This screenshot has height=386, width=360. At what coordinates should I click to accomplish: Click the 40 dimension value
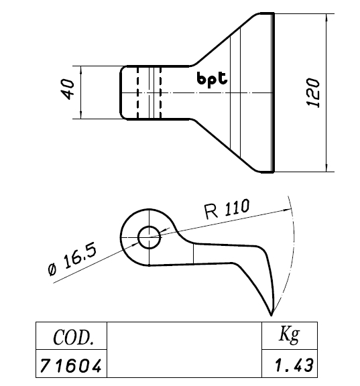point(68,89)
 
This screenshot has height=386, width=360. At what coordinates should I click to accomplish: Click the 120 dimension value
point(313,92)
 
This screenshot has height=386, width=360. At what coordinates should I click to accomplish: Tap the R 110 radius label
point(227,209)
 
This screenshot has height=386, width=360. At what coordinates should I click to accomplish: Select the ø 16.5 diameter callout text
point(72,258)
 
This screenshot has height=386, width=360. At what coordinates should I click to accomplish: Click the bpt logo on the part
point(212,79)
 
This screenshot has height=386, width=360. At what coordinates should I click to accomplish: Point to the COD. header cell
point(72,336)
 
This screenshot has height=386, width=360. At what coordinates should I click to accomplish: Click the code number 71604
point(71,365)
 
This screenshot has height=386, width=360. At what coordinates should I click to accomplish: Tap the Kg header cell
point(290,336)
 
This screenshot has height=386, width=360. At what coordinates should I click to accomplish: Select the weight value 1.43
point(294,365)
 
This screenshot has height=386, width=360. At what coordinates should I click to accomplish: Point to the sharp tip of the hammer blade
point(271,315)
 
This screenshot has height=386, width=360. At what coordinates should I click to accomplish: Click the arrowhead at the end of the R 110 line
point(288,210)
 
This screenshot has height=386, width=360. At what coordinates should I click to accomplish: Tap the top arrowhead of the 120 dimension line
point(326,17)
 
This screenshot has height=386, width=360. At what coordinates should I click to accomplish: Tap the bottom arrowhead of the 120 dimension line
point(326,168)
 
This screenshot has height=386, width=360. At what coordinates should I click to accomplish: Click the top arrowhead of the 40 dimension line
point(81,70)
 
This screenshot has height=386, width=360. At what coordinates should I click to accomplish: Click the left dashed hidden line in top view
point(137,92)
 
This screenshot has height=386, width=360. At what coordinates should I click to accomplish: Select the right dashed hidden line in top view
point(160,92)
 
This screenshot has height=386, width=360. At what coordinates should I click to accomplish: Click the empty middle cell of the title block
point(184,350)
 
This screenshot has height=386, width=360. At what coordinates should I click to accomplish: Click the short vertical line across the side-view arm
point(194,254)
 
